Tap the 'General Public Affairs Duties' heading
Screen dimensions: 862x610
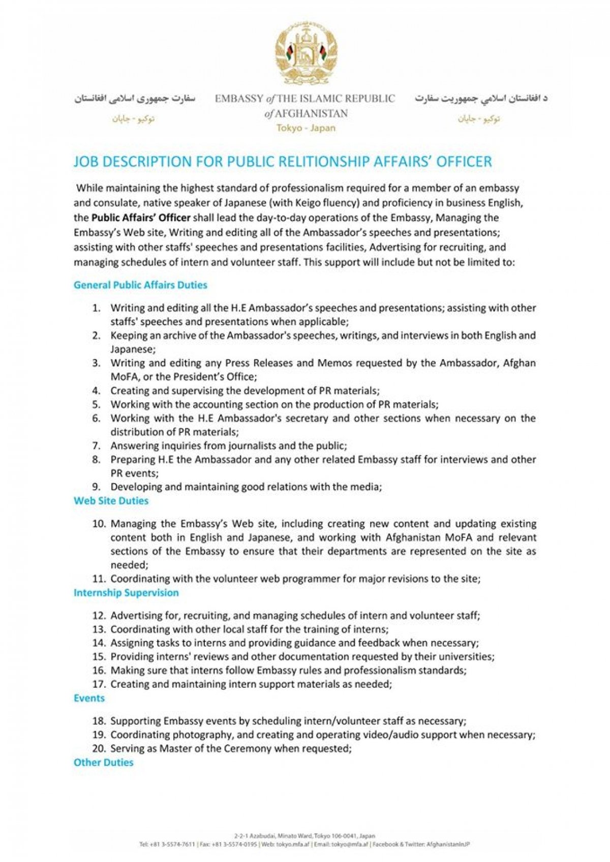[140, 285]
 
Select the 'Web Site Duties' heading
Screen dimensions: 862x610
[111, 501]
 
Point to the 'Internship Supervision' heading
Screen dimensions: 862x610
[126, 593]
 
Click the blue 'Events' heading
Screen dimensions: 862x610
[89, 698]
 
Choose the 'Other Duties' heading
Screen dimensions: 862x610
[103, 762]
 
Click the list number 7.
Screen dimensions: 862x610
[96, 446]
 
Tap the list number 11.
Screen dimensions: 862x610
[99, 579]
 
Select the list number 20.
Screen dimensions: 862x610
[99, 748]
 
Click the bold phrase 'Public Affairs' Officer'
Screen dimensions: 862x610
[141, 218]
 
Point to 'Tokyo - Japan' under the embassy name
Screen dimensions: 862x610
[306, 128]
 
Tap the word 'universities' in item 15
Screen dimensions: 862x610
[467, 657]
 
